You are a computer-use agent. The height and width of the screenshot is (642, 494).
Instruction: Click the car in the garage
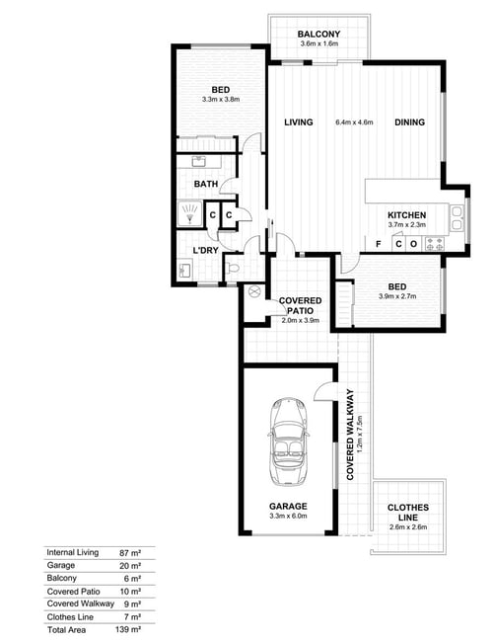click(x=288, y=442)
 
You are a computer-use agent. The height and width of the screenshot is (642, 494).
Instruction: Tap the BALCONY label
click(x=318, y=34)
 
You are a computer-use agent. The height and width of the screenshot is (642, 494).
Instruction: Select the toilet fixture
click(x=233, y=269)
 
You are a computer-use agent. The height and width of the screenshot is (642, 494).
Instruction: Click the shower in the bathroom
click(x=189, y=213)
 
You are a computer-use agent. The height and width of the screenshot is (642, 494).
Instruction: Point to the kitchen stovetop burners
click(x=434, y=244)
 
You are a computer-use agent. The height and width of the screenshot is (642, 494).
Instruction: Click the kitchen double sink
click(x=456, y=218)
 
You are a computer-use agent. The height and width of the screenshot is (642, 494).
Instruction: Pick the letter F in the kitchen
click(x=379, y=244)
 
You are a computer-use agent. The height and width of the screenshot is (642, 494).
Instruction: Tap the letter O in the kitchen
click(x=413, y=244)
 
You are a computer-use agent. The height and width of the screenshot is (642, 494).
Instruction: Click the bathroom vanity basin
click(x=200, y=161)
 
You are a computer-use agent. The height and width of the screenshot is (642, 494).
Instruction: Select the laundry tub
click(x=184, y=270)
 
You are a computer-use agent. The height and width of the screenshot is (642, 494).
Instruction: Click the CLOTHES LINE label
click(x=408, y=513)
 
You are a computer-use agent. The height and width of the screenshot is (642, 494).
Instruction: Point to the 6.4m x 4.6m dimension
click(x=354, y=122)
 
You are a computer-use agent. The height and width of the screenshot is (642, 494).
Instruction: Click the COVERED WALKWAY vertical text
click(x=350, y=435)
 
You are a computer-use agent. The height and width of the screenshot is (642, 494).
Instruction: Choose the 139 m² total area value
click(x=128, y=629)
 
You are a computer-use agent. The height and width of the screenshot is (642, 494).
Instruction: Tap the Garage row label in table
click(x=61, y=565)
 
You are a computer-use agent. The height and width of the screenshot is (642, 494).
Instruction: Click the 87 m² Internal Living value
click(x=130, y=553)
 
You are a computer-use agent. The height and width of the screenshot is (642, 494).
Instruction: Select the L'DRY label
click(x=205, y=250)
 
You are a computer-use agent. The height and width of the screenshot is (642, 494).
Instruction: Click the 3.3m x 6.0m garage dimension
click(x=288, y=517)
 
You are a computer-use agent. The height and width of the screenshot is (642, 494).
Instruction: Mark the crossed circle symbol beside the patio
click(x=254, y=292)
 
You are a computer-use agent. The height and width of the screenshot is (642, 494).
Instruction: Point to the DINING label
click(x=409, y=122)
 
